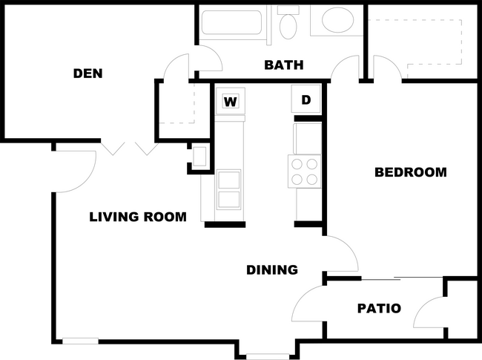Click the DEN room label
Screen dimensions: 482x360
click(x=88, y=73)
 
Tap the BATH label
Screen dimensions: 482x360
click(x=284, y=65)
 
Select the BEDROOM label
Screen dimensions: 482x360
click(x=411, y=172)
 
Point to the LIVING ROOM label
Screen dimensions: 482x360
click(x=138, y=217)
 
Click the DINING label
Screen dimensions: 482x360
click(x=272, y=270)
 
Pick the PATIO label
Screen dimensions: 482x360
click(x=380, y=308)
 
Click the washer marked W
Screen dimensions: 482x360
click(x=231, y=101)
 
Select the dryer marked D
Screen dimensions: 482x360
click(x=306, y=99)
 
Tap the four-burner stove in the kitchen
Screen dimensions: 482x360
click(x=304, y=171)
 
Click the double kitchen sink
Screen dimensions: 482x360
click(x=228, y=189)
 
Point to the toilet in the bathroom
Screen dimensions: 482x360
click(x=288, y=23)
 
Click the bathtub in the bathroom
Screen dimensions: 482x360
click(x=231, y=22)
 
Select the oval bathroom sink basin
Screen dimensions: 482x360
click(x=337, y=20)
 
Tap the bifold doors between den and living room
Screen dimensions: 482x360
click(x=130, y=148)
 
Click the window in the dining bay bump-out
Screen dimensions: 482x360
click(x=268, y=356)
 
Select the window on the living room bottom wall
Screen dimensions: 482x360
click(x=80, y=341)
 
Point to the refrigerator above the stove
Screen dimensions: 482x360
click(x=308, y=139)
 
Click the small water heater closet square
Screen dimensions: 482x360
click(x=199, y=157)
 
